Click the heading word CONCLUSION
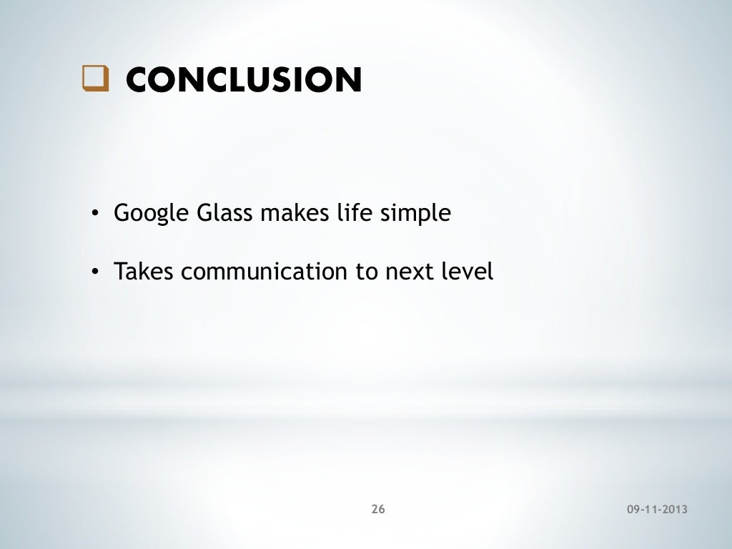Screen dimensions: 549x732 [x=243, y=80]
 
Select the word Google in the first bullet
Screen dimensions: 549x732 [x=146, y=214]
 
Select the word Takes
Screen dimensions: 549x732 [x=144, y=272]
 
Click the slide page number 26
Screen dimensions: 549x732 [x=378, y=509]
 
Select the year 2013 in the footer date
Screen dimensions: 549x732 [x=675, y=510]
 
